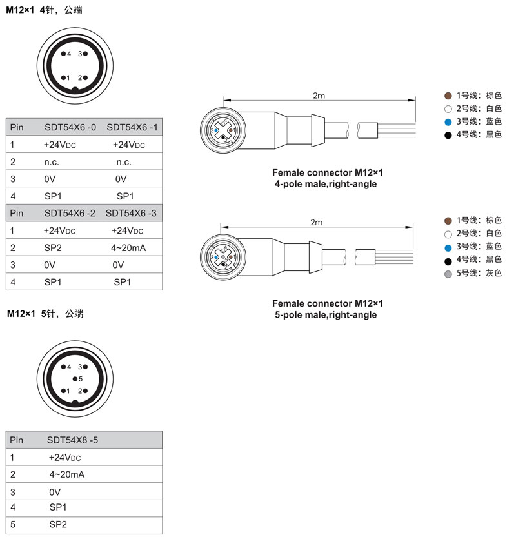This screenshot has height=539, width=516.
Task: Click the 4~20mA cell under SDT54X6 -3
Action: coord(126,247)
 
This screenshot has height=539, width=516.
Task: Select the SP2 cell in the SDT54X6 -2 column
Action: coord(52,247)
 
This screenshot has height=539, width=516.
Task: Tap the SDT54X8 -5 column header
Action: coord(72,440)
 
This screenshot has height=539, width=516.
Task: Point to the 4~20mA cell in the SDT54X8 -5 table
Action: coord(67,474)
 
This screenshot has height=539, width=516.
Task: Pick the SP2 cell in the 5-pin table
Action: coord(58,525)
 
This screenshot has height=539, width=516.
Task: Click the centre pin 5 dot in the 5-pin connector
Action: coord(75,378)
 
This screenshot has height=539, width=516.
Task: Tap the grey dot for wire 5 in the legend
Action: coord(448,273)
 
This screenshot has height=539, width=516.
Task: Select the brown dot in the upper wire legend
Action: coord(448,96)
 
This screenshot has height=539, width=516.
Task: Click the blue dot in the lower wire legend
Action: coord(448,247)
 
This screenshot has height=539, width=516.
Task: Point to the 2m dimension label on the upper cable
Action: coord(319,96)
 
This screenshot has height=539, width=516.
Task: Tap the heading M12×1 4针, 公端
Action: coord(45,10)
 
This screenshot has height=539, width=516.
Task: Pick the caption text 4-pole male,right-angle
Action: coord(326,184)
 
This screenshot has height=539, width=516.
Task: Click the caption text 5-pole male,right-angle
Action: coord(326,315)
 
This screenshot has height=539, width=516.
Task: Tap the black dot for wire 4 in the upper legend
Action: coord(448,135)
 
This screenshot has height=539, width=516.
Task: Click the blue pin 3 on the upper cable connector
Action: coord(217,130)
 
